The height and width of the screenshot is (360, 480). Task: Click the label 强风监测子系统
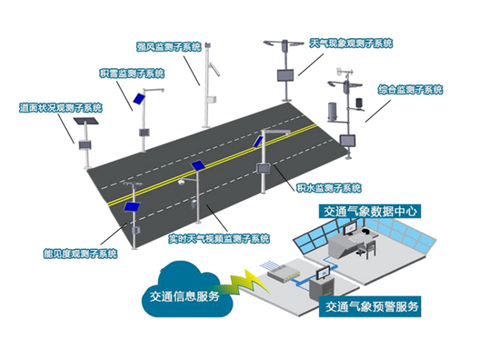(x=169, y=47)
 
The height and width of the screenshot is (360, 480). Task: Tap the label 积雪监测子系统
(x=132, y=73)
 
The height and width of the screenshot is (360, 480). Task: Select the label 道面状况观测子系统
(x=60, y=108)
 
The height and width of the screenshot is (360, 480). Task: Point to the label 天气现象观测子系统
(x=351, y=43)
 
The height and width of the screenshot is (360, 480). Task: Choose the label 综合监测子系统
(x=410, y=90)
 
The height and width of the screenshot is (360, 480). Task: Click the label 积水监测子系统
(x=329, y=187)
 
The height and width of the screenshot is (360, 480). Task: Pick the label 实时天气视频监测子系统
(x=219, y=239)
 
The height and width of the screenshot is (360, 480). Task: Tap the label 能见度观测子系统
(x=80, y=254)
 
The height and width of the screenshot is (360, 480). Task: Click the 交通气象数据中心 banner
(x=370, y=211)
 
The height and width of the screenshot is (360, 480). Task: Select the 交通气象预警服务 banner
(x=370, y=306)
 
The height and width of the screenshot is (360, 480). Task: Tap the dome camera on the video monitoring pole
(x=182, y=182)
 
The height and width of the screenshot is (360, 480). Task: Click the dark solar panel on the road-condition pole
(x=86, y=121)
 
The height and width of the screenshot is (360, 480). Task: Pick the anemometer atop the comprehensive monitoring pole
(x=345, y=72)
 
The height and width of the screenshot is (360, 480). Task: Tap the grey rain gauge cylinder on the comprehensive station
(x=332, y=112)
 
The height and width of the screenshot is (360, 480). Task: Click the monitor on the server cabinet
(x=324, y=272)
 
